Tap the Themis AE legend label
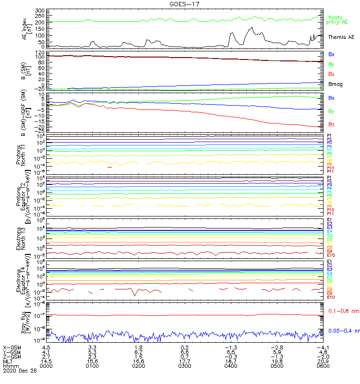click(x=341, y=37)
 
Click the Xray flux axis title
click(x=23, y=321)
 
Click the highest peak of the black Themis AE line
click(x=252, y=28)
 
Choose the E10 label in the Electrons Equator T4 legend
click(x=330, y=297)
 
